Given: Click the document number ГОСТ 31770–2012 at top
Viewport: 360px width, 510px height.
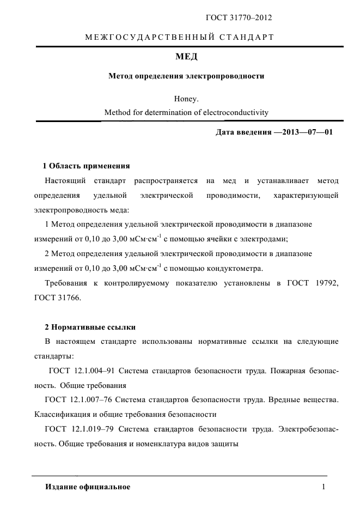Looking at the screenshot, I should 239,18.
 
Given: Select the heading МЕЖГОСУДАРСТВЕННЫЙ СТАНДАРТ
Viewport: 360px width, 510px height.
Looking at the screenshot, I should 180,38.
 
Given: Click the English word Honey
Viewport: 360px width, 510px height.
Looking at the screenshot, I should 187,99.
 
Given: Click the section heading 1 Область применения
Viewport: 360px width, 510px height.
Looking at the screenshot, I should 86,166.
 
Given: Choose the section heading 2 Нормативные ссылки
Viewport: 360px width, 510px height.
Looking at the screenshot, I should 90,327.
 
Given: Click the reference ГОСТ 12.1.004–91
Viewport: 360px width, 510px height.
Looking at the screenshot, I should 81,371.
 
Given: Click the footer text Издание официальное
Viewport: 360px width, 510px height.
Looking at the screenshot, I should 88,487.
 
